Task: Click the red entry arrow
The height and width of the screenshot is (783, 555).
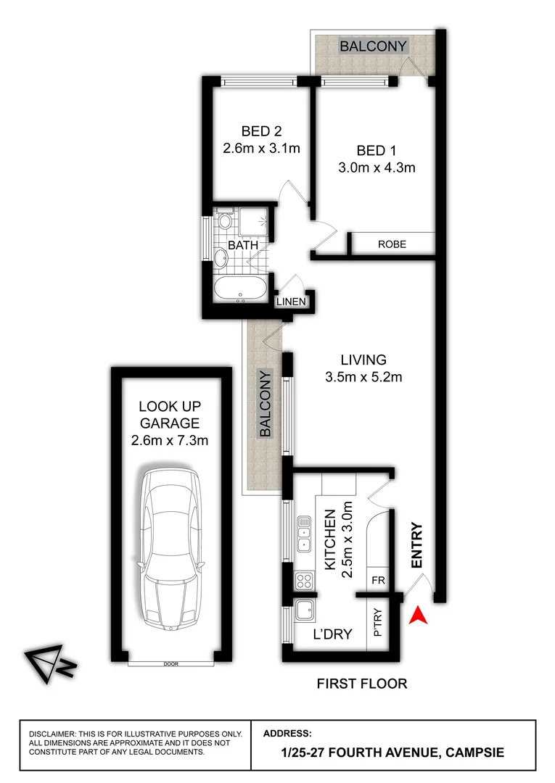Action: click(x=417, y=616)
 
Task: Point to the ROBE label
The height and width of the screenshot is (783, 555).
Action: click(x=392, y=244)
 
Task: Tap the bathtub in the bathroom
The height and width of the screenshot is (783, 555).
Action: click(x=241, y=289)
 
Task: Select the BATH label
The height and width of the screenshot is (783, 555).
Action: click(x=242, y=245)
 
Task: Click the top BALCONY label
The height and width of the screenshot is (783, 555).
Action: click(x=373, y=46)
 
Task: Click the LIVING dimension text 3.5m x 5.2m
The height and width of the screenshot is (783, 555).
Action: click(x=363, y=377)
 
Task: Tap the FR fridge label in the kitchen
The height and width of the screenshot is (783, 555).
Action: click(x=377, y=581)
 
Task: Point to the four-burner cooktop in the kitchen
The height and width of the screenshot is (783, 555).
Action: click(x=303, y=580)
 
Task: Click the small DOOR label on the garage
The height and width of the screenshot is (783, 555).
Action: click(x=171, y=663)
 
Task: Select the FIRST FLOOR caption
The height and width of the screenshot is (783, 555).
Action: click(x=362, y=683)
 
